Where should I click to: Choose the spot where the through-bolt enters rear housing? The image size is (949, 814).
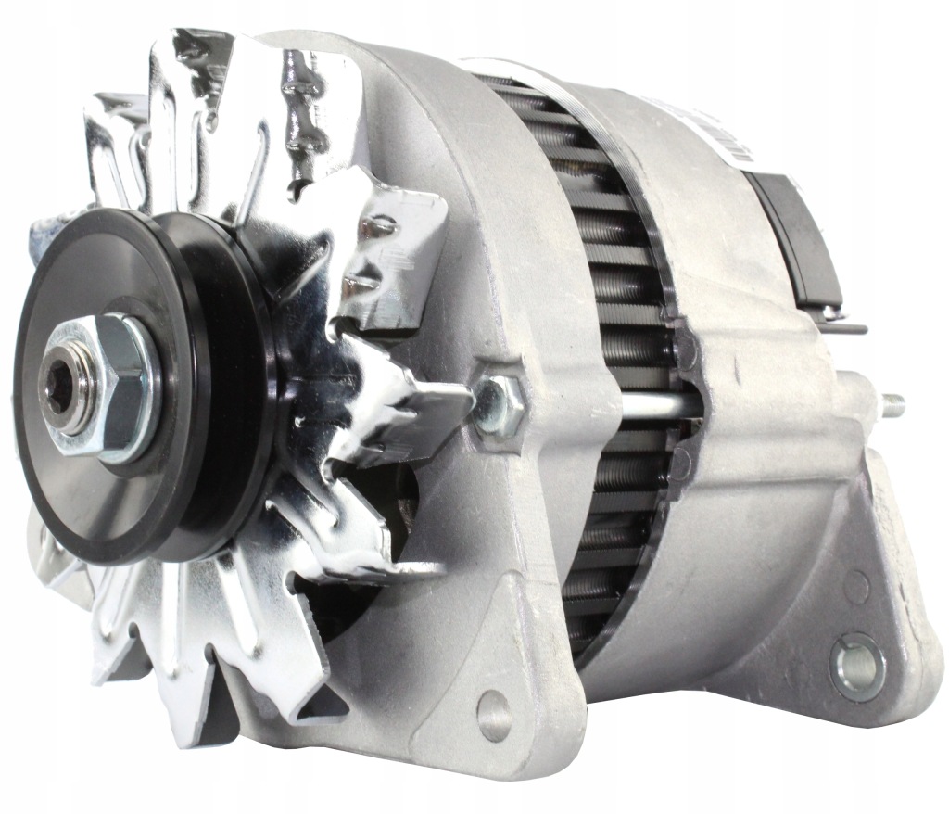click(x=700, y=405)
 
